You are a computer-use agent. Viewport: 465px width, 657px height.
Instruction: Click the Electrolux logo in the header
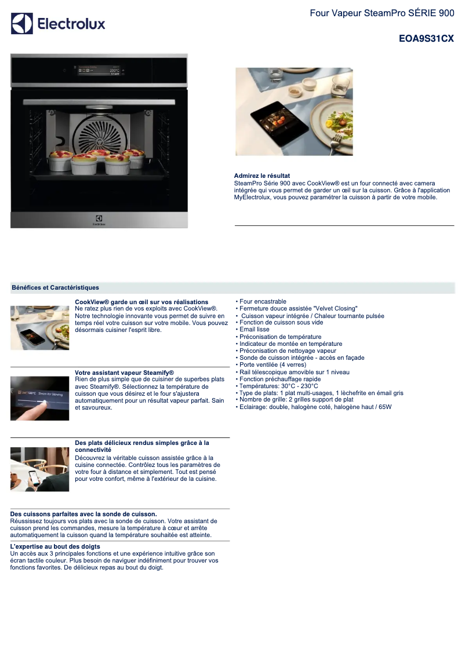pos(58,24)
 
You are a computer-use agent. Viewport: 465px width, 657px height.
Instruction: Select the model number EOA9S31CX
pos(426,39)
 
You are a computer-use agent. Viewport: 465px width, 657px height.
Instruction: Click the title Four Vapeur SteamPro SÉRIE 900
pos(382,13)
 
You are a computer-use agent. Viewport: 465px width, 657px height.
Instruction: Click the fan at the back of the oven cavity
pos(99,130)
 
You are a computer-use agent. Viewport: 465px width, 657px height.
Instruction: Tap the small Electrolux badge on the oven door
pos(99,220)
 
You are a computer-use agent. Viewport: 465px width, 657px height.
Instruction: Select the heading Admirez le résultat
pos(261,176)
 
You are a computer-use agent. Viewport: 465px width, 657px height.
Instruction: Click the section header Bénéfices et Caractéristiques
pos(55,287)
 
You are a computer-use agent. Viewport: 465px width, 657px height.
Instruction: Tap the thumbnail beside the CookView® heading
pos(39,328)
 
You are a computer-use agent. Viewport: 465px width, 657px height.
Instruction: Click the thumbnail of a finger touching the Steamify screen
pos(39,398)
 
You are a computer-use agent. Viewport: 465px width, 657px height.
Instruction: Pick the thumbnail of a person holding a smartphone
pos(39,469)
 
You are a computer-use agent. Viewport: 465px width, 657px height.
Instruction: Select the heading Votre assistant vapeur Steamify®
pos(124,373)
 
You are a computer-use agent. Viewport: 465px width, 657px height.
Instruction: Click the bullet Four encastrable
pos(263,302)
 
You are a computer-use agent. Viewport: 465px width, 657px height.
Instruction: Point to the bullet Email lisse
pos(254,330)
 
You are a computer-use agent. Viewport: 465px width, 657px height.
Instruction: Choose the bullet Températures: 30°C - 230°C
pos(278,386)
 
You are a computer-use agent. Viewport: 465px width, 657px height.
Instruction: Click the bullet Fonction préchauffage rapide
pos(279,379)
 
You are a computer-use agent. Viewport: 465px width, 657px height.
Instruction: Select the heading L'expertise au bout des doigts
pos(55,547)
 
